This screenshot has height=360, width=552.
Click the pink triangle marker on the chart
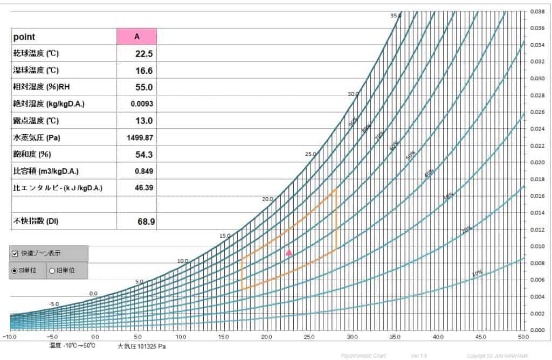[x=289, y=252]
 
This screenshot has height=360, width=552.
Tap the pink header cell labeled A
[x=137, y=37]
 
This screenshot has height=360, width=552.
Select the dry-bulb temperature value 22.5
[x=144, y=53]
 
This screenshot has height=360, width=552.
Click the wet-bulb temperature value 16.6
[x=144, y=70]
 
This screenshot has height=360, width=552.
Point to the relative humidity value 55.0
[x=144, y=87]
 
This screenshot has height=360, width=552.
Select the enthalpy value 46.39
[x=143, y=188]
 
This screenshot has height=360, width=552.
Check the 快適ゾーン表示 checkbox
[x=15, y=253]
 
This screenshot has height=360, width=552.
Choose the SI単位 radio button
[x=15, y=271]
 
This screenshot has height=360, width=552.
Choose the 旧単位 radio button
[x=52, y=271]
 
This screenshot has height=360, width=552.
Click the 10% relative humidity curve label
[x=477, y=273]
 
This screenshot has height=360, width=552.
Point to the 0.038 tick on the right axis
[x=536, y=11]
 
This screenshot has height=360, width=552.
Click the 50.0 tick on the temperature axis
[x=523, y=337]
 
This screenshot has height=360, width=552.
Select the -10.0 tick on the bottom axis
[x=10, y=337]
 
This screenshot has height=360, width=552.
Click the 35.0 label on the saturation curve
[x=396, y=16]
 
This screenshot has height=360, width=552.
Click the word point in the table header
[x=24, y=37]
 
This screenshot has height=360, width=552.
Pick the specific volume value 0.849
[x=144, y=171]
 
